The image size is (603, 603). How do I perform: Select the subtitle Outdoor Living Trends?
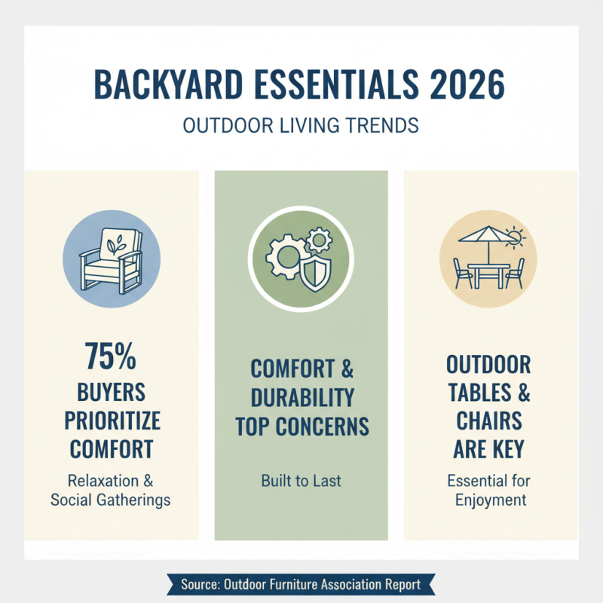pos(301,124)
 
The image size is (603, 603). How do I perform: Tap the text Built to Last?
pos(301,480)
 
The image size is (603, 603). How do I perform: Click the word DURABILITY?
pos(301,398)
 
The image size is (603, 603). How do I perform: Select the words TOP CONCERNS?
pos(301,427)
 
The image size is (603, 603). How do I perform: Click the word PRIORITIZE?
pos(112,419)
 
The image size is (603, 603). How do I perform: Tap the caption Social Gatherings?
pos(112,500)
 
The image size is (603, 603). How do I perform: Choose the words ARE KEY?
pos(488,450)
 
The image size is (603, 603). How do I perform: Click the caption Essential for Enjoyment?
pos(488,490)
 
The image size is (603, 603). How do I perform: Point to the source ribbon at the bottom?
pos(301,584)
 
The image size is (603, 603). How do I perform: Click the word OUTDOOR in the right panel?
pos(488,366)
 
